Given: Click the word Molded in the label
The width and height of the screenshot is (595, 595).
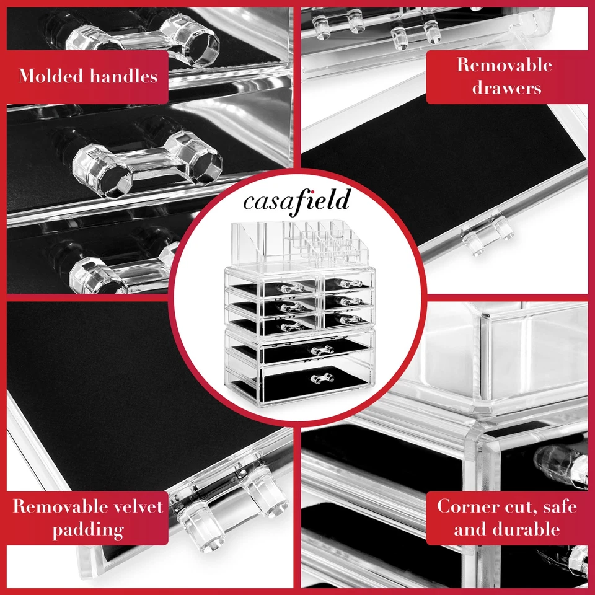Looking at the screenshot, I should coord(51,77).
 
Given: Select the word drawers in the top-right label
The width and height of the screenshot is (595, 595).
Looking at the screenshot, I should coord(506,87).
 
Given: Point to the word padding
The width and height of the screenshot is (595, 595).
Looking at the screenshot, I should coord(87,530).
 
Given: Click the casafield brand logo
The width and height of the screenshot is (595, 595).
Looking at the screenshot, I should coord(296,201).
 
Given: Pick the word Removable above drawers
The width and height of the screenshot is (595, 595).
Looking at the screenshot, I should coord(505,64).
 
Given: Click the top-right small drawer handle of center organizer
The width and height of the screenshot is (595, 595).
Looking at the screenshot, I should coord(350,284).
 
